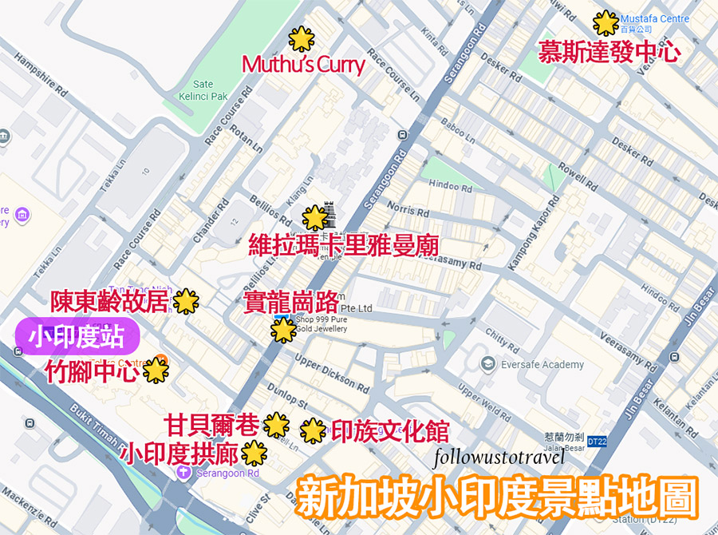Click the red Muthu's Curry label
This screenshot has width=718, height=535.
(303, 65)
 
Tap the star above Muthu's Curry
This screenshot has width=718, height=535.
(301, 38)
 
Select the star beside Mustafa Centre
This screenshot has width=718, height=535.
(606, 22)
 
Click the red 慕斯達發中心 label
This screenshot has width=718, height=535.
(609, 52)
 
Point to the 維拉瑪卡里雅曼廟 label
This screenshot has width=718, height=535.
(343, 245)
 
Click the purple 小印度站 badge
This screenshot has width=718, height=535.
(77, 337)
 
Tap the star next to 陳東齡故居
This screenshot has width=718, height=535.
(186, 301)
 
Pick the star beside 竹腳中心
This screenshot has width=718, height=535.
(154, 370)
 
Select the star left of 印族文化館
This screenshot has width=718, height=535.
(313, 430)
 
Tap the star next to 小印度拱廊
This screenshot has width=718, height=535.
(254, 453)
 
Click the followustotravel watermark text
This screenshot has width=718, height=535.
(500, 458)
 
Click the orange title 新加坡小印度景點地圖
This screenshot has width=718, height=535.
(497, 497)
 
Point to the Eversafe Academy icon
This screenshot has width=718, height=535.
(487, 364)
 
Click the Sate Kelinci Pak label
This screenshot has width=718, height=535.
(203, 90)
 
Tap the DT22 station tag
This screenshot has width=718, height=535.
(597, 441)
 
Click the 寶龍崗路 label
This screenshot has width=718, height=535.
(290, 302)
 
